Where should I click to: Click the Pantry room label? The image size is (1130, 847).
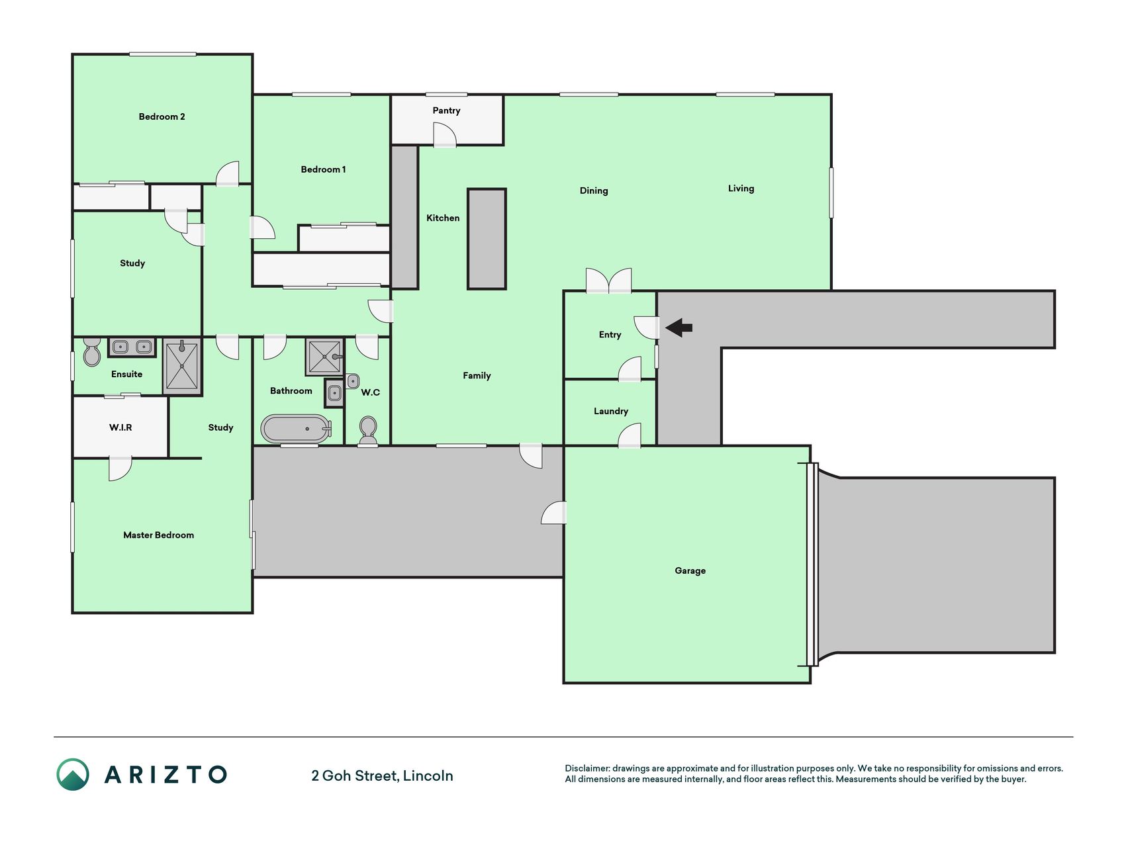tap(446, 111)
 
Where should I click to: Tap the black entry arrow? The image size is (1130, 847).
tap(679, 328)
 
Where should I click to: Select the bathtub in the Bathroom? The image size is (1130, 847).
tap(296, 429)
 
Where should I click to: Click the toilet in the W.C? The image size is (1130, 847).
tap(368, 431)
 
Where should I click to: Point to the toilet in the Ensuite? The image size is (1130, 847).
tap(92, 353)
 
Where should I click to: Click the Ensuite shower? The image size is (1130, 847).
tap(181, 366)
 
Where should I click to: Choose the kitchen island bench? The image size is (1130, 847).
tap(487, 239)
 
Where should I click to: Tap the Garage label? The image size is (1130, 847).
tap(690, 570)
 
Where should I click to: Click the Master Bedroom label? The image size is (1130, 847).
tap(159, 535)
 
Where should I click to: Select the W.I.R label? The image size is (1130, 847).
tap(120, 427)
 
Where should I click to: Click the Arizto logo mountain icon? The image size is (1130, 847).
tap(73, 774)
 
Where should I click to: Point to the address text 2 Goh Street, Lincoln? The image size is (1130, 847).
tap(382, 776)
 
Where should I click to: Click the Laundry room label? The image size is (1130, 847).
tap(610, 412)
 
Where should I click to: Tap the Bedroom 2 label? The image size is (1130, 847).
tap(162, 116)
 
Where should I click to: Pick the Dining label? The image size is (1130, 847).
tap(594, 191)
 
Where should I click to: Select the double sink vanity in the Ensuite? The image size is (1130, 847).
tap(131, 347)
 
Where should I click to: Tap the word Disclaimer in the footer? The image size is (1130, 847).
tap(587, 768)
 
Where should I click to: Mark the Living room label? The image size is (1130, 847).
tap(741, 189)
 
